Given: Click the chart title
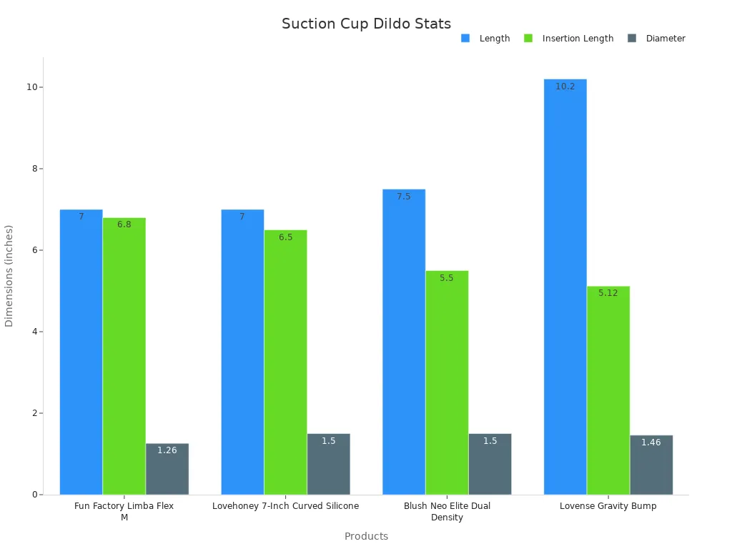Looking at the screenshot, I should click(366, 24).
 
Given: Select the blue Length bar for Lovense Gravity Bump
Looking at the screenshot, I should click(565, 286).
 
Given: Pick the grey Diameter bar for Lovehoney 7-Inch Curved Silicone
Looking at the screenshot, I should click(328, 464).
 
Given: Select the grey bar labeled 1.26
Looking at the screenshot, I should click(167, 469).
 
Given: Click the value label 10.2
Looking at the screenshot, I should click(565, 86).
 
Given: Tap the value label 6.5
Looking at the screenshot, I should click(285, 237).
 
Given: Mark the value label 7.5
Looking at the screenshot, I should click(403, 197).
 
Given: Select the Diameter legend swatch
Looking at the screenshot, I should click(632, 39).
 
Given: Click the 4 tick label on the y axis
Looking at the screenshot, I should click(33, 332).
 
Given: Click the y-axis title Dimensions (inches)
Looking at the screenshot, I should click(9, 276).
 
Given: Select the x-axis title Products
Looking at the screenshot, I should click(366, 536).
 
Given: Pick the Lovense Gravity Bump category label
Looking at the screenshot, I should click(608, 506).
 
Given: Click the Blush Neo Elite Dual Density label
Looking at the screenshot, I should click(447, 511).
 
